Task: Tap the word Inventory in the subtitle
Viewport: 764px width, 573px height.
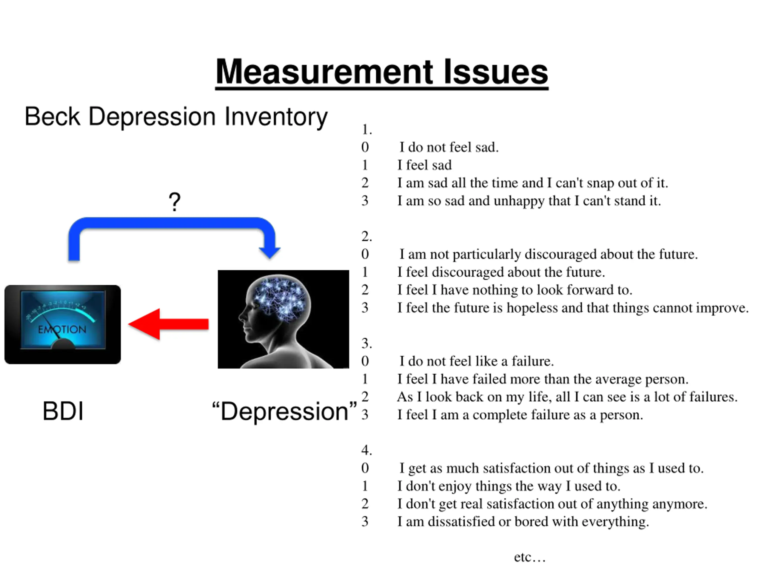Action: pos(276,117)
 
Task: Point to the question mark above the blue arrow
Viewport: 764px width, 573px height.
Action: pos(174,202)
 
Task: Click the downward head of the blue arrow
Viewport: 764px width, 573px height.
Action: pos(269,252)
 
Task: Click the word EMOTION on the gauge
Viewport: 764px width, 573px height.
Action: pos(62,329)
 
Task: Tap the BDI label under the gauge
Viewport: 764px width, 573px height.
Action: pos(63,411)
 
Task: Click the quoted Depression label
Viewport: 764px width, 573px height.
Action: pos(284,411)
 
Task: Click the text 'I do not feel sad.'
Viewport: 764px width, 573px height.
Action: pos(449,147)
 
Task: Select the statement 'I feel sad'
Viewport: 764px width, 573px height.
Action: pos(424,165)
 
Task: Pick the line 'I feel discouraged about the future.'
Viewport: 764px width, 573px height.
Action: pos(501,272)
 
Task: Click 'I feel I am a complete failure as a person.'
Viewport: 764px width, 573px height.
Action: pos(520,415)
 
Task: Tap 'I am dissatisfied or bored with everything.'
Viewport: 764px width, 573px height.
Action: pos(523,522)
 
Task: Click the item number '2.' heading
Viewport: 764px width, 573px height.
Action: pos(366,236)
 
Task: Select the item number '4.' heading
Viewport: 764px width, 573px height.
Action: pos(366,450)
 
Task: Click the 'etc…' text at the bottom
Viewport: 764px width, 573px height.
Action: pos(529,557)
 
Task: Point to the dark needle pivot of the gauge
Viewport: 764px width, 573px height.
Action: pos(63,345)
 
